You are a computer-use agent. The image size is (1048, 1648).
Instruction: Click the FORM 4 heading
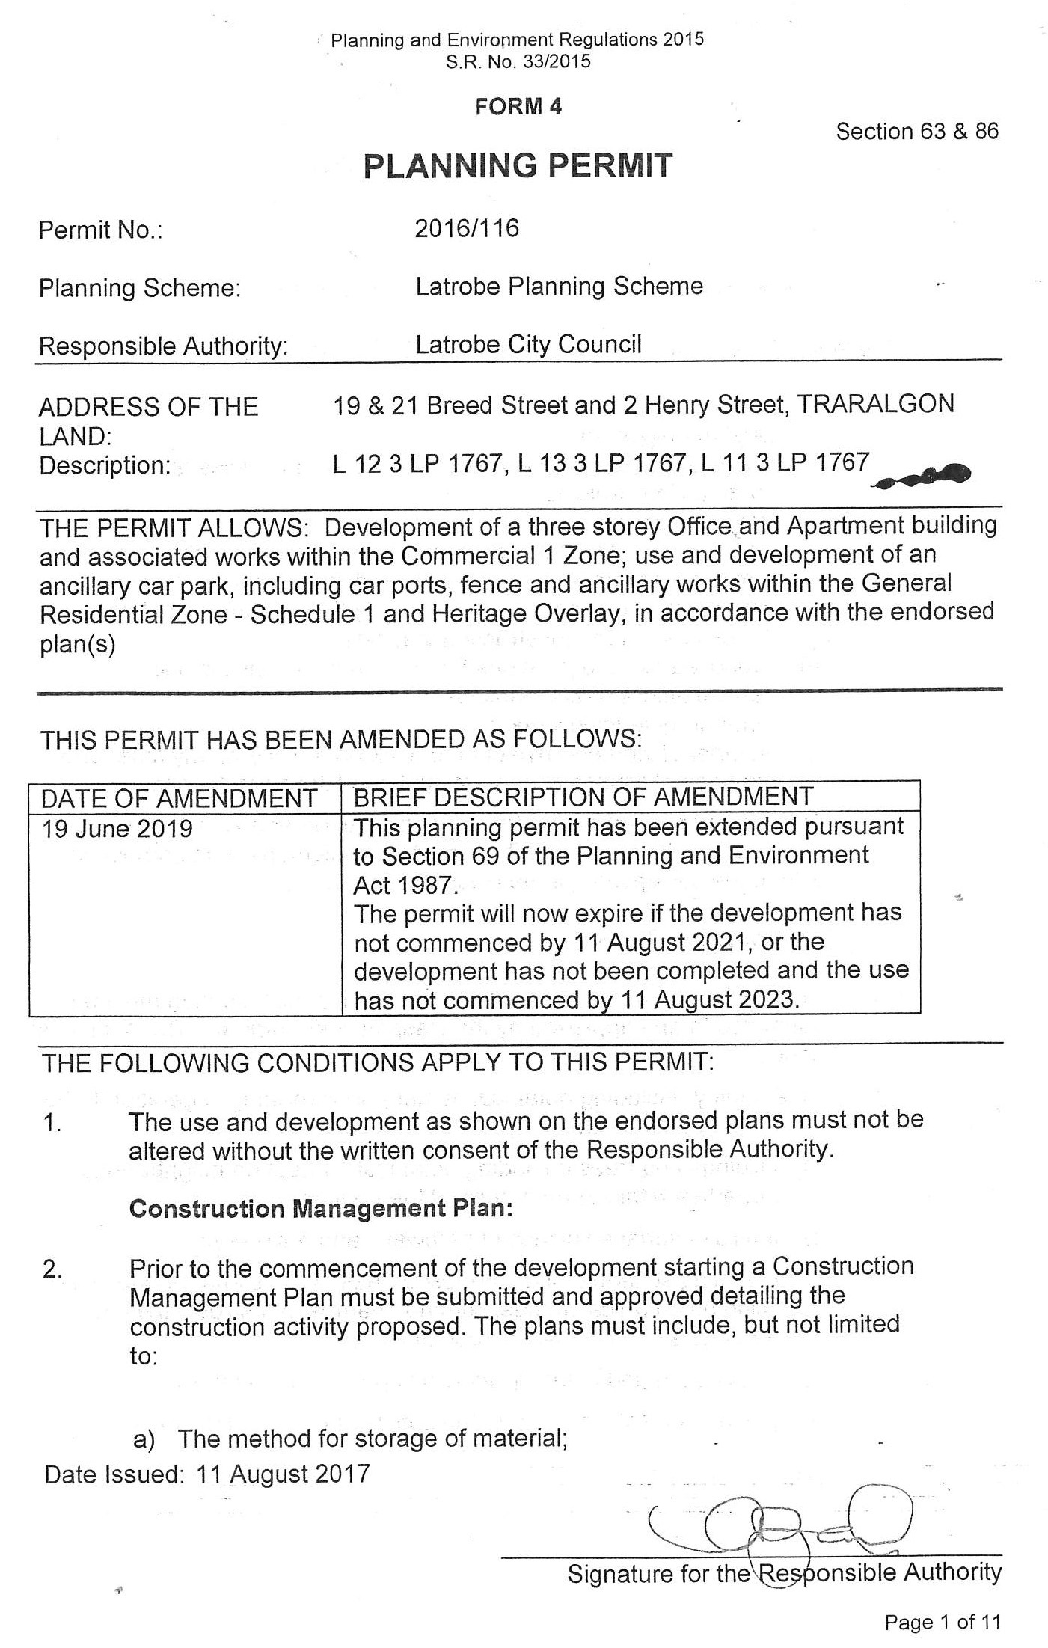(518, 107)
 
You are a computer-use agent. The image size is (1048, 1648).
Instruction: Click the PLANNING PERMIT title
(518, 165)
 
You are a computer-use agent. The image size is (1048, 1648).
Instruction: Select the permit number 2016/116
(467, 228)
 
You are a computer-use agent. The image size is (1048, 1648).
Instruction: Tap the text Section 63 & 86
(916, 132)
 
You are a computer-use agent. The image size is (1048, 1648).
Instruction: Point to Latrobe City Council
(528, 345)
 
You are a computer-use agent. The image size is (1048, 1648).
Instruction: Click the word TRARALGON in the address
(875, 405)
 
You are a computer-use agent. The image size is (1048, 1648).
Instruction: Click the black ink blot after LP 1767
(928, 477)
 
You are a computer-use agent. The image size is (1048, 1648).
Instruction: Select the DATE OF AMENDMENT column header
(179, 798)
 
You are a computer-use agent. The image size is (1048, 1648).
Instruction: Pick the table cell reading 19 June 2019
(117, 829)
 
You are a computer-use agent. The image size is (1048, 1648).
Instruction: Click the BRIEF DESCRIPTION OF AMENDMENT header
(583, 797)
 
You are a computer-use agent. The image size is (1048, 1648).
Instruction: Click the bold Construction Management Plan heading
(321, 1209)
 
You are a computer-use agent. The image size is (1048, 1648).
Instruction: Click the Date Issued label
(113, 1474)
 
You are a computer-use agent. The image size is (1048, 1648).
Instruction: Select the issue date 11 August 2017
(283, 1474)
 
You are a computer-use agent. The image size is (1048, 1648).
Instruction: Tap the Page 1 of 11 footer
(941, 1622)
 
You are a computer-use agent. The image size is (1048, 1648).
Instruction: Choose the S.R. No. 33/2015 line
(518, 61)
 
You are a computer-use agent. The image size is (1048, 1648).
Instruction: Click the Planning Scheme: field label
(140, 288)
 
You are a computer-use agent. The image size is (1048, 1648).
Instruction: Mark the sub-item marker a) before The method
(144, 1439)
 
